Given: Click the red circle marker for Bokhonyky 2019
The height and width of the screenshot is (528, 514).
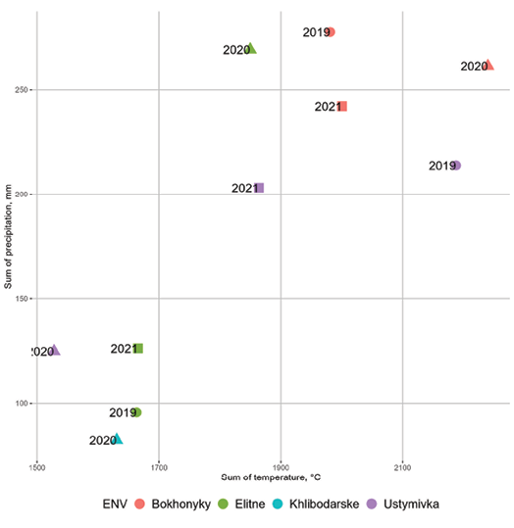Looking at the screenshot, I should [331, 32].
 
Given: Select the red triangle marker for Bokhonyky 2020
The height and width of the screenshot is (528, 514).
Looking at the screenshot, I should [488, 66].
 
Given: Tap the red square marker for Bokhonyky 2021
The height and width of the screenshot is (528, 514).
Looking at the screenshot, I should [341, 106].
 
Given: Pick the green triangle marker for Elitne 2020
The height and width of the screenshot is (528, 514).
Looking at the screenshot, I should [251, 48].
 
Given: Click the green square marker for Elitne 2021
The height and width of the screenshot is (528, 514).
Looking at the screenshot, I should [138, 349].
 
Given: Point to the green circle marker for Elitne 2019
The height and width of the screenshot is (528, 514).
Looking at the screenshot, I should [137, 412].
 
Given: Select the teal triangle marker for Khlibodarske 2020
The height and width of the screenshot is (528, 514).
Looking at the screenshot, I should [118, 440].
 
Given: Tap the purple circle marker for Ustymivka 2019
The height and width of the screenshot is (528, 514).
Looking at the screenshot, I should [456, 166].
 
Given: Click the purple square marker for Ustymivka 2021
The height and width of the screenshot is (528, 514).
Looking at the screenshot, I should [259, 188].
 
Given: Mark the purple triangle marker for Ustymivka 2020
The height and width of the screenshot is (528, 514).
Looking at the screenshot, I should [55, 351].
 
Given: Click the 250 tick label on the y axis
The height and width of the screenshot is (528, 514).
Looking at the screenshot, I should [21, 89].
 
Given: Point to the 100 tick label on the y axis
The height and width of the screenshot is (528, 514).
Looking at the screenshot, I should [21, 404].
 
